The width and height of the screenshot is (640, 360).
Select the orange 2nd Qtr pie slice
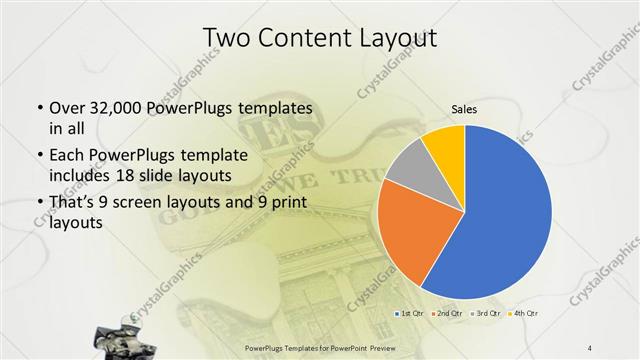coord(405,235)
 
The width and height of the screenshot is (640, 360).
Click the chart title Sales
coord(463,108)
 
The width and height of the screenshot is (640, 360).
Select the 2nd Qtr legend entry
coord(445,314)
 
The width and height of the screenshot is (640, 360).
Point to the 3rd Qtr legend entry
coord(485,314)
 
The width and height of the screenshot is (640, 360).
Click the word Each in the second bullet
coord(66,154)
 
